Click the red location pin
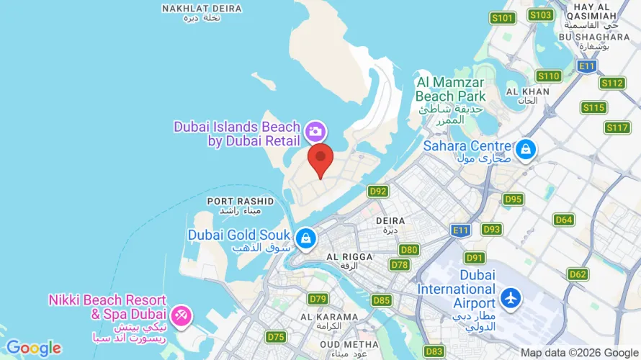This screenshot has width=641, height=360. [320, 158]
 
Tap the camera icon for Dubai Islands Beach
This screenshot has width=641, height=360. [315, 131]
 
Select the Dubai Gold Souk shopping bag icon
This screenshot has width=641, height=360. [306, 238]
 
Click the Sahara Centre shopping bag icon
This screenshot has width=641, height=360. [526, 150]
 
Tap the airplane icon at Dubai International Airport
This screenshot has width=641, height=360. [511, 297]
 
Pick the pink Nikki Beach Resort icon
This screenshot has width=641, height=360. [181, 314]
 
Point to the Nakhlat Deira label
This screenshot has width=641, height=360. [191, 9]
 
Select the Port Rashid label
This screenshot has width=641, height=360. [230, 202]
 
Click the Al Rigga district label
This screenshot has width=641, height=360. [349, 257]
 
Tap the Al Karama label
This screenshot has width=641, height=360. [329, 317]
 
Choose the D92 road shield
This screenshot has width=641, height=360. [378, 191]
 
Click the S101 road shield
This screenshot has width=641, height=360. [502, 18]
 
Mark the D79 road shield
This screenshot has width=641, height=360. [318, 298]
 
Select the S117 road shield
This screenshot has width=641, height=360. [617, 128]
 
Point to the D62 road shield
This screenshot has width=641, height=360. [578, 274]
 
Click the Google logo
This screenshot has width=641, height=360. [33, 348]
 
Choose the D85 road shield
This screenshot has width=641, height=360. [382, 300]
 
